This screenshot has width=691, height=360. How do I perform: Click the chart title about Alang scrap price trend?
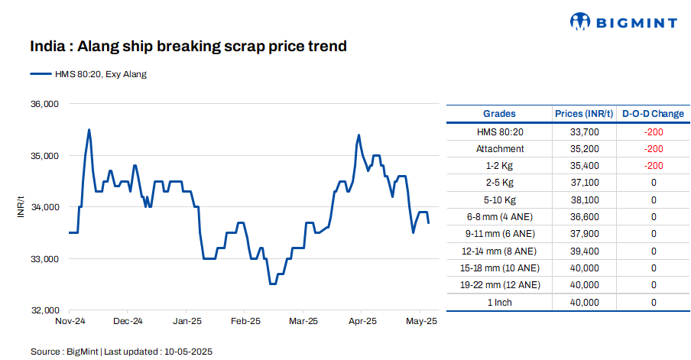(x=188, y=47)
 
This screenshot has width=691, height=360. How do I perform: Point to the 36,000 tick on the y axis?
(x=44, y=104)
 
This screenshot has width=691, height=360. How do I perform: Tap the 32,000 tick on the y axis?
(x=44, y=310)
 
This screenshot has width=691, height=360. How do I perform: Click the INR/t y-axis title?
(x=21, y=207)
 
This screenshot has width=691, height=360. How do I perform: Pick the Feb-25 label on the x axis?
(x=246, y=322)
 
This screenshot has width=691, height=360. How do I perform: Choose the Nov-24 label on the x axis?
(x=70, y=322)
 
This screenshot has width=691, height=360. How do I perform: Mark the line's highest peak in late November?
(x=89, y=130)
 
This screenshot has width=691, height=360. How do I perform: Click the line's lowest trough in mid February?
(x=272, y=284)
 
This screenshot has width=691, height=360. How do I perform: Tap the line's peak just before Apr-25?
(x=358, y=135)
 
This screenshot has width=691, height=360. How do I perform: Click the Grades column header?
(x=499, y=114)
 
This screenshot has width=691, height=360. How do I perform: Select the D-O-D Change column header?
(x=653, y=114)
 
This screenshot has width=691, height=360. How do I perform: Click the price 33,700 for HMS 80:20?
(x=585, y=131)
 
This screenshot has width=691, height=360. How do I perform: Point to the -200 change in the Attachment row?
(x=653, y=149)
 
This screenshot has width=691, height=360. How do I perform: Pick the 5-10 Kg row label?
(x=500, y=199)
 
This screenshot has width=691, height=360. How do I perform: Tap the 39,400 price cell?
(x=585, y=251)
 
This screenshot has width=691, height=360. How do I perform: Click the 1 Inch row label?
(x=500, y=302)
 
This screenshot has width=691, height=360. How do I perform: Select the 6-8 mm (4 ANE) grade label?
(x=500, y=217)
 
